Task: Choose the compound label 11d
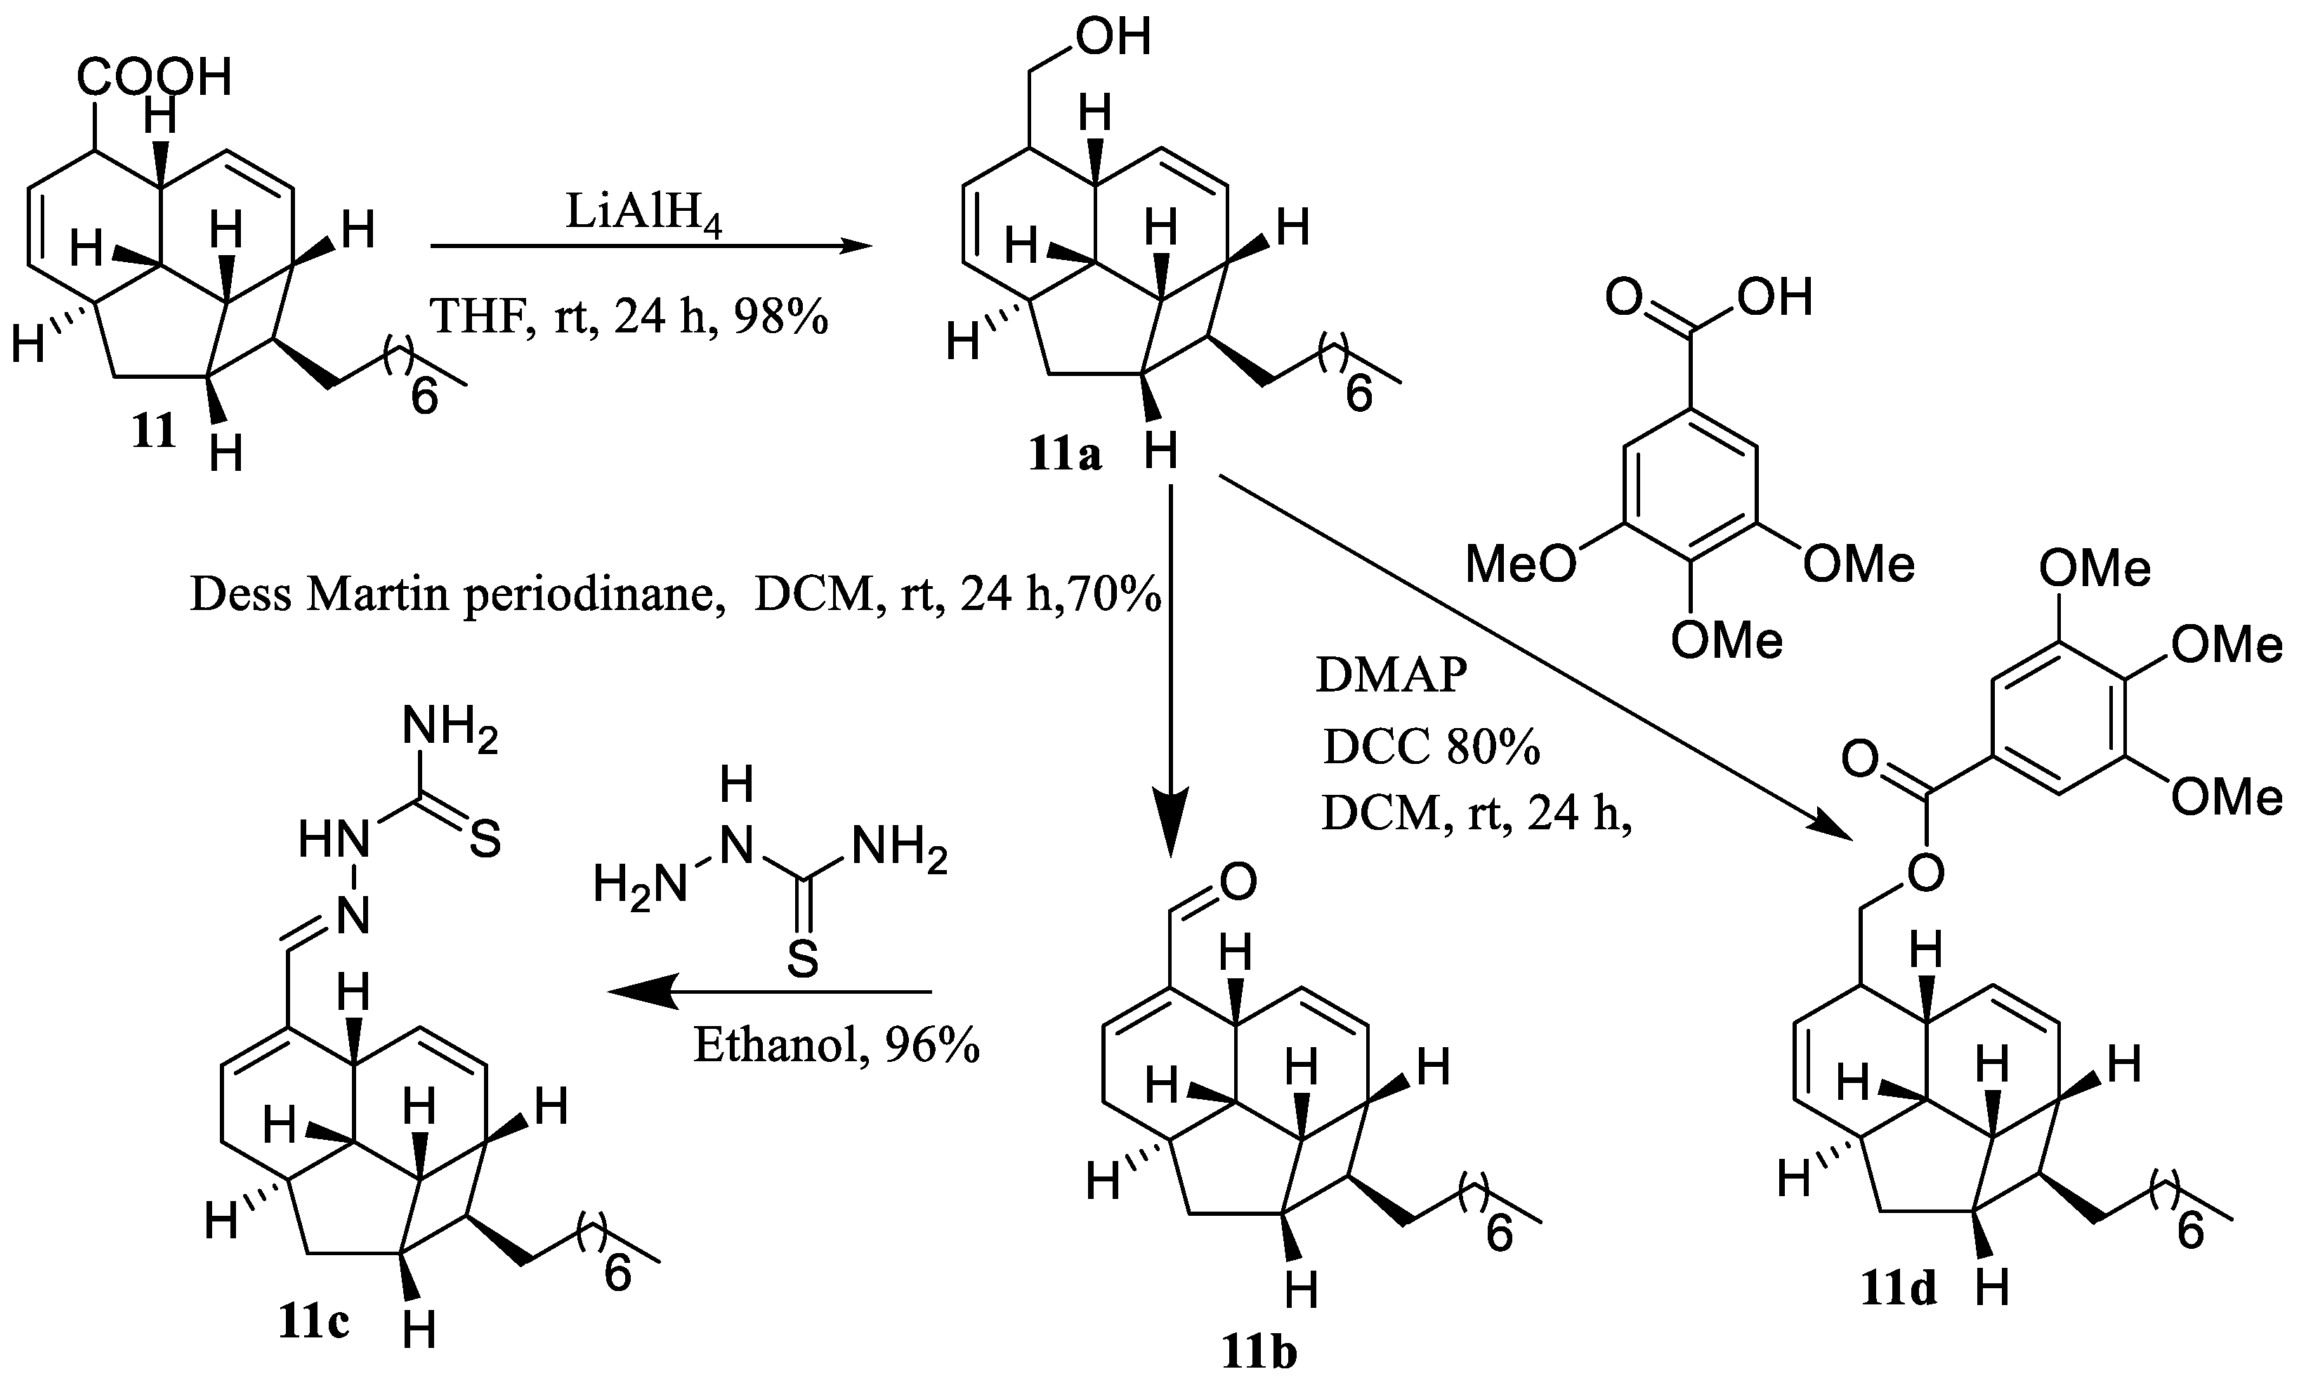click(x=1899, y=1289)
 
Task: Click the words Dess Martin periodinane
click(x=457, y=595)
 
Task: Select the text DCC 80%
click(x=1430, y=747)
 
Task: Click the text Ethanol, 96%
click(x=836, y=1046)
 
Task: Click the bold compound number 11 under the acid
click(x=154, y=432)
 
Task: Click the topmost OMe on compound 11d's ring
click(x=2095, y=569)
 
